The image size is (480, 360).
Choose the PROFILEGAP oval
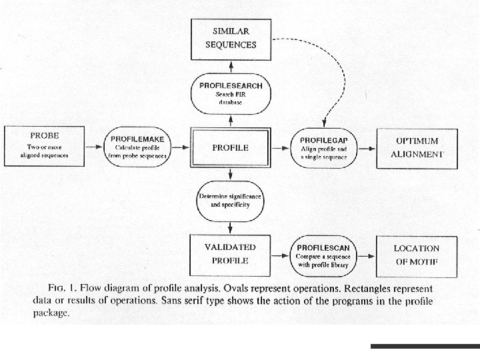coord(323,147)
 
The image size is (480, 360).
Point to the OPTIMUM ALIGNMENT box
coord(417,147)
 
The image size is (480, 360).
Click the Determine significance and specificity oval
coord(230,202)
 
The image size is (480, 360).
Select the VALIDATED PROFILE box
coord(230,253)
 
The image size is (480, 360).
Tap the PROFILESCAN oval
coord(323,253)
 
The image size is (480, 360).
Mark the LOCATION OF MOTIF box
coord(416,254)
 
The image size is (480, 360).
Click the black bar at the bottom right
coord(425,346)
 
